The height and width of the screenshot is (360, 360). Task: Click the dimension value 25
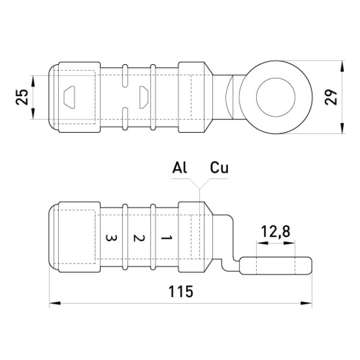pos(22,97)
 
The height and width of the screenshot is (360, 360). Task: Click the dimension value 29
pos(331,97)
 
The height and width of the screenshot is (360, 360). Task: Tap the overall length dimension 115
pos(181,292)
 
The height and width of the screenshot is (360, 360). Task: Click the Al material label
pos(179,167)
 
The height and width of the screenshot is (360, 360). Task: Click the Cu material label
pos(219,167)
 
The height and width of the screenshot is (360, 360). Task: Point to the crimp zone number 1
pos(166,238)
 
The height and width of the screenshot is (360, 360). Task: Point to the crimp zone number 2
pos(139,238)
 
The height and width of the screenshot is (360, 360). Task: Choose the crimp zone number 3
pos(111,238)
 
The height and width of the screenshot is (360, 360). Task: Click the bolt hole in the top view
pos(276,97)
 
